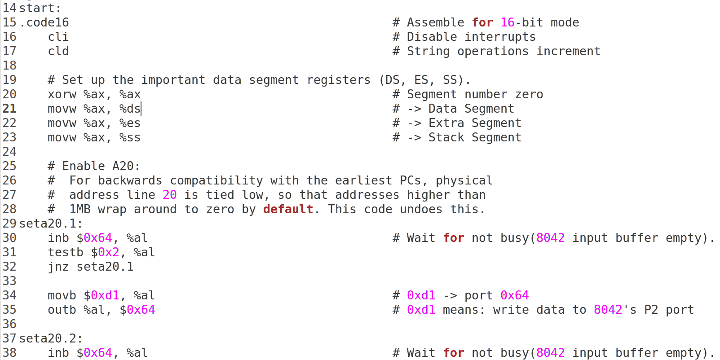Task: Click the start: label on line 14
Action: tap(40, 8)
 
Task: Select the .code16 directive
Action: tap(44, 22)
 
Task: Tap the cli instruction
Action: tap(58, 37)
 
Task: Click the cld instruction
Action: tap(58, 51)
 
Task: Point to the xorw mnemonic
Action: tap(62, 94)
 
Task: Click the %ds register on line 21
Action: tap(130, 109)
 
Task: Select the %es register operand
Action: tap(130, 123)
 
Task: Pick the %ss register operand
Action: tap(130, 137)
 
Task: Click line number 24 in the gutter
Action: tap(9, 152)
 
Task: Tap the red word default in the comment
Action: tap(288, 209)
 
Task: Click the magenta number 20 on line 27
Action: tap(170, 195)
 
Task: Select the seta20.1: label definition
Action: tap(51, 224)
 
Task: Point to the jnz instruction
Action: tap(58, 267)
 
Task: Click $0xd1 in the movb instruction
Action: tap(102, 295)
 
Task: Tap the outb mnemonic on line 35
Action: tap(62, 310)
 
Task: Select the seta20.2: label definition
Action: tap(51, 338)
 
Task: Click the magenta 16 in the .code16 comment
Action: tap(508, 22)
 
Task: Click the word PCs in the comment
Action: tap(411, 180)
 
